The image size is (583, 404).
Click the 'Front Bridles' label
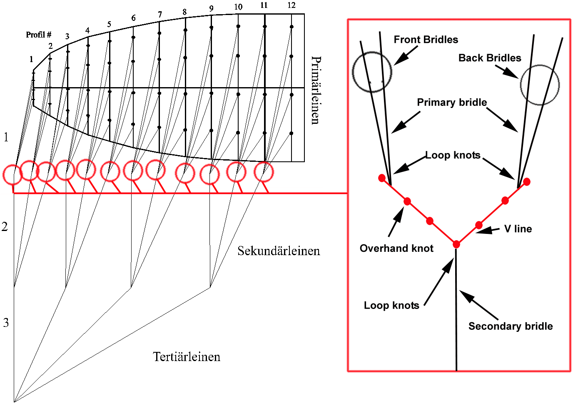click(426, 40)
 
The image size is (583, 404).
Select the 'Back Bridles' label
click(489, 58)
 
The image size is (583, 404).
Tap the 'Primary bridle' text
click(452, 103)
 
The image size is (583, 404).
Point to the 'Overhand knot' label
click(396, 248)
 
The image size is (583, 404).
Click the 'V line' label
click(518, 229)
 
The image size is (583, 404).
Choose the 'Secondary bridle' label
click(510, 326)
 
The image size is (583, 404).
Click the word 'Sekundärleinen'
click(279, 251)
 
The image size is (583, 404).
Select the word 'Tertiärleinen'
click(187, 357)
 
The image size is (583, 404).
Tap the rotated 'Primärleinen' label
click(316, 90)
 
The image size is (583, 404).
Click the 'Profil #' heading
click(38, 35)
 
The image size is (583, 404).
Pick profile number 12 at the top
click(291, 5)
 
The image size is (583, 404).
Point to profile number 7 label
click(160, 15)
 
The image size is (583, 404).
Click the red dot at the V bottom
click(456, 244)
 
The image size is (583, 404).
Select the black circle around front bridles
click(372, 72)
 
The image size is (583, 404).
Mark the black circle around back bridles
click(540, 85)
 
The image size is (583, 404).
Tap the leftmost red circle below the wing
click(12, 174)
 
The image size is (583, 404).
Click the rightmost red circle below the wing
click(264, 172)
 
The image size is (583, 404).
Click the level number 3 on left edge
click(6, 322)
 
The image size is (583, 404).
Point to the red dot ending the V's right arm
click(527, 181)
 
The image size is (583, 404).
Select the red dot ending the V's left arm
click(382, 178)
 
